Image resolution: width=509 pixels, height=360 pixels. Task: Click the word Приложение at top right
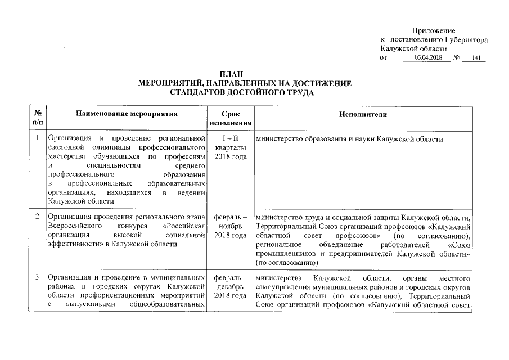pos(433,30)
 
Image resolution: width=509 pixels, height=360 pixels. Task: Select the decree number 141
pos(475,58)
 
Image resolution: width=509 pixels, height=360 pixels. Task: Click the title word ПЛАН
pos(245,74)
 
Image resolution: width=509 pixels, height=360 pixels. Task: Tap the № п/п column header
pos(37,118)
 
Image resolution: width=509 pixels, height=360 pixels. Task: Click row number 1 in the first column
pos(37,138)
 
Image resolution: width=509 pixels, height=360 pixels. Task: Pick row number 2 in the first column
pos(37,216)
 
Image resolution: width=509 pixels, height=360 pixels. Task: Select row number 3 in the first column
pos(37,278)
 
